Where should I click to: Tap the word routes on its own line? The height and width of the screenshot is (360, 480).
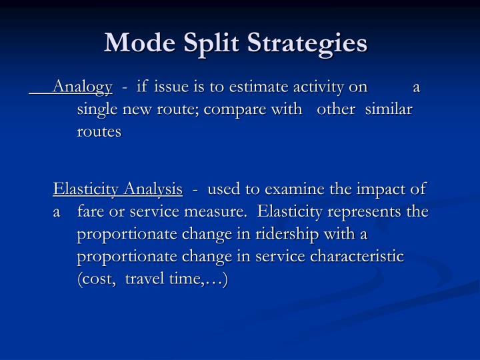pos(99,131)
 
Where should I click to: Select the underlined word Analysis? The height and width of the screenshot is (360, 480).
pos(153,190)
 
